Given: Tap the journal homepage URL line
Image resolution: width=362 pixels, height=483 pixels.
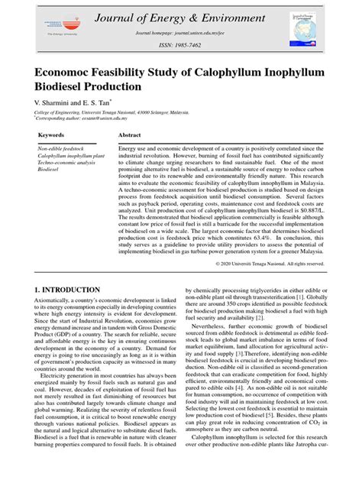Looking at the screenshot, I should pyautogui.click(x=180, y=34).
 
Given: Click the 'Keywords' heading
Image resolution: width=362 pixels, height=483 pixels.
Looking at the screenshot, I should pyautogui.click(x=50, y=135).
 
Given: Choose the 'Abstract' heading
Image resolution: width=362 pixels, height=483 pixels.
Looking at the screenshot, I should pyautogui.click(x=129, y=135).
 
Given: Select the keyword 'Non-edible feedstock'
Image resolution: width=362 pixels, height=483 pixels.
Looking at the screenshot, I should pyautogui.click(x=63, y=147).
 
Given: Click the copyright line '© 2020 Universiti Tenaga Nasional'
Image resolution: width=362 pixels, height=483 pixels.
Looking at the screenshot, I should pyautogui.click(x=270, y=263).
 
